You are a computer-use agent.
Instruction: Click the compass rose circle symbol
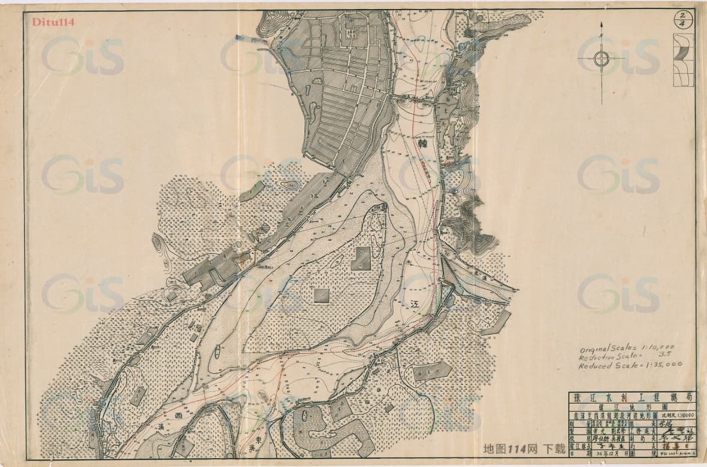click(x=602, y=59)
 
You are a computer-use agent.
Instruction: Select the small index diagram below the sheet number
click(x=682, y=60)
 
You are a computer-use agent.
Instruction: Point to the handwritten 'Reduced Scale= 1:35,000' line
click(x=629, y=365)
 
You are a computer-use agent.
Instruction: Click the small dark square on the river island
click(x=322, y=295)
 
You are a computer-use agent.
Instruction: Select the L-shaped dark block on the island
click(x=361, y=258)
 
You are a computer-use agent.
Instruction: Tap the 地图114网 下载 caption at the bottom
click(x=524, y=449)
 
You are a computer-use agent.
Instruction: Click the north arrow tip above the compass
click(x=601, y=24)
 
